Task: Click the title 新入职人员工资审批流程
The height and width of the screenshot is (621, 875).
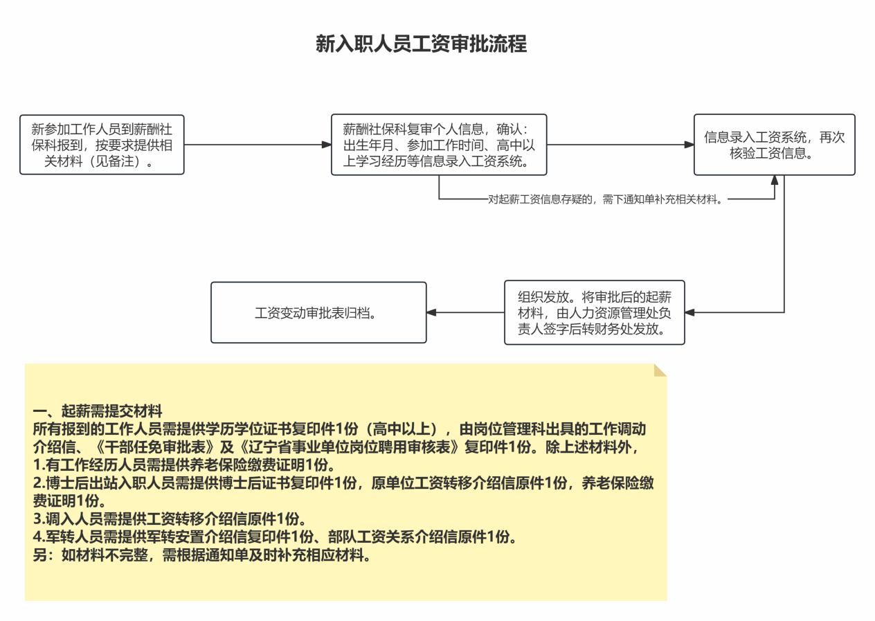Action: pyautogui.click(x=421, y=44)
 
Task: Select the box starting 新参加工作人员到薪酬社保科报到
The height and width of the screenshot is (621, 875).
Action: pyautogui.click(x=102, y=145)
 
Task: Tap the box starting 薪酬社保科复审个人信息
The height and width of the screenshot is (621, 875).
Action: pyautogui.click(x=439, y=145)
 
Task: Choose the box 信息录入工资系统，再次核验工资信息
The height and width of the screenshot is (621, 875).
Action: pyautogui.click(x=774, y=145)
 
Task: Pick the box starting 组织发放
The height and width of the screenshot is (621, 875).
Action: pyautogui.click(x=594, y=312)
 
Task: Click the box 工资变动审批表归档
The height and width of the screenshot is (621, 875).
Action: pyautogui.click(x=318, y=312)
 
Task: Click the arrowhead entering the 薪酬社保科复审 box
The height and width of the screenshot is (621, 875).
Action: pyautogui.click(x=327, y=145)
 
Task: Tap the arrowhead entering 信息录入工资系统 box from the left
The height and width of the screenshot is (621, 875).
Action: pyautogui.click(x=689, y=145)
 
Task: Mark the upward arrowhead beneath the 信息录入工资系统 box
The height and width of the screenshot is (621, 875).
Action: pyautogui.click(x=775, y=180)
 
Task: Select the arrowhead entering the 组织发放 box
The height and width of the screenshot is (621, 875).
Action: pyautogui.click(x=690, y=312)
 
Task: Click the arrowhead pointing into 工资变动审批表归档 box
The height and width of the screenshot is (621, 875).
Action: pyautogui.click(x=431, y=312)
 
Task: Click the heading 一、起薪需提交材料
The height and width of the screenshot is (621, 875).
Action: pyautogui.click(x=98, y=411)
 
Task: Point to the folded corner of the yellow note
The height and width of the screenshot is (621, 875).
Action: pyautogui.click(x=660, y=370)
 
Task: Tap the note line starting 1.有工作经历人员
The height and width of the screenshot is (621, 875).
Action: pyautogui.click(x=184, y=465)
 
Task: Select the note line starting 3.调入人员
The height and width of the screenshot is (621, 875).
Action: pyautogui.click(x=170, y=519)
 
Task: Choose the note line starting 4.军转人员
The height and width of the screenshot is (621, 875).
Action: pyautogui.click(x=275, y=537)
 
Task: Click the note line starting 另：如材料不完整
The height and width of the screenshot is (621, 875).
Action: pyautogui.click(x=202, y=555)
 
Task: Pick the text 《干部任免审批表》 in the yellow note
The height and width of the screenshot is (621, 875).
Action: pyautogui.click(x=154, y=447)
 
